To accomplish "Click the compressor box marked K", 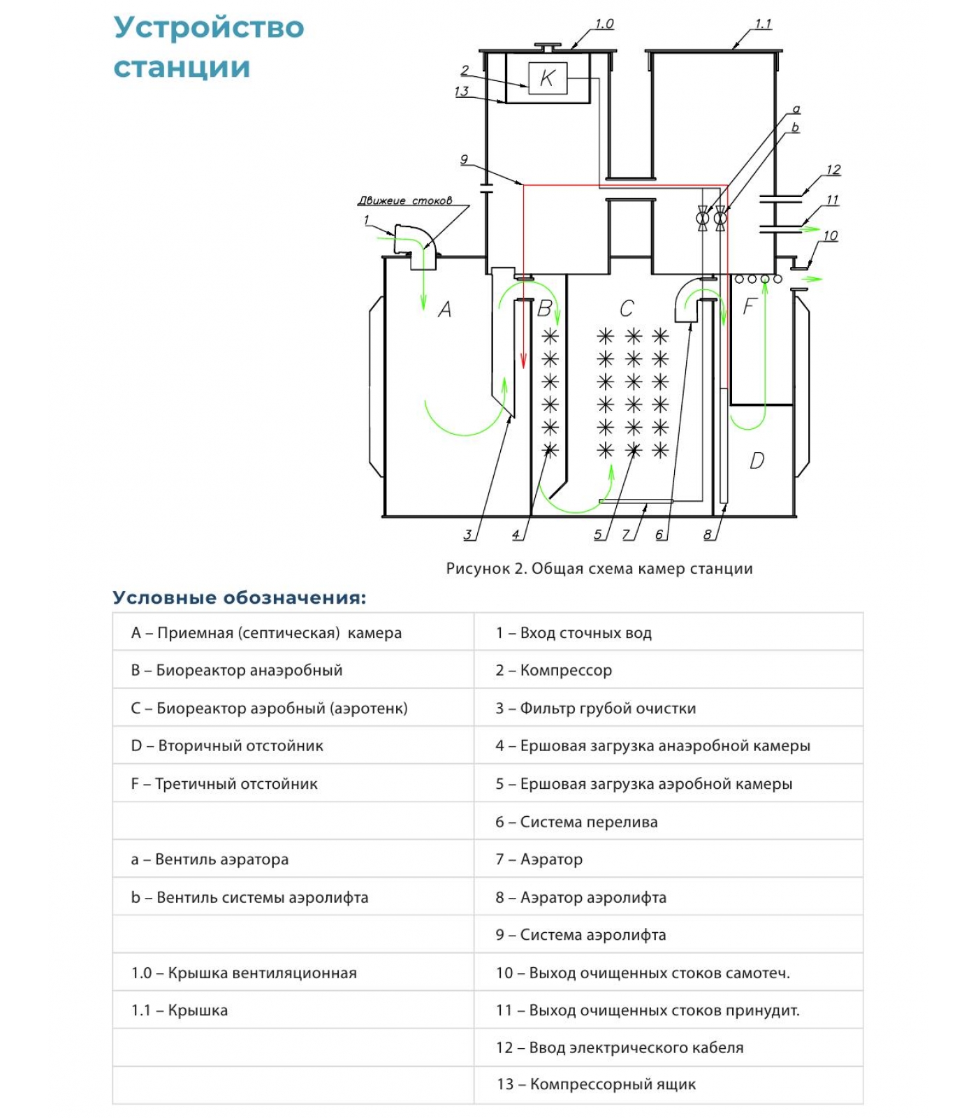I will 547,78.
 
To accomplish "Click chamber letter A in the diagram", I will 444,309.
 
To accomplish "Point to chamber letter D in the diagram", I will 757,460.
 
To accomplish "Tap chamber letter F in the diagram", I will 750,306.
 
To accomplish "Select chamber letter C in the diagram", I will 627,308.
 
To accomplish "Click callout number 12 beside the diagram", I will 833,170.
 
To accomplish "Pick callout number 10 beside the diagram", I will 830,235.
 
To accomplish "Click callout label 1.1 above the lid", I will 763,24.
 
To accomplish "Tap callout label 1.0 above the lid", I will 604,24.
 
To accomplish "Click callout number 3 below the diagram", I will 467,535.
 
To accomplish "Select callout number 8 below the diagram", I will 708,535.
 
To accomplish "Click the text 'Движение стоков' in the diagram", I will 404,201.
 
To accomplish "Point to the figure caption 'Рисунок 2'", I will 599,568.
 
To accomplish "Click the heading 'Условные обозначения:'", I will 239,597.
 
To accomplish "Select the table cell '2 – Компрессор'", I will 554,670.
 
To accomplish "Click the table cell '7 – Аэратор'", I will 539,859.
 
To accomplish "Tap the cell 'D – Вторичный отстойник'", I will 227,746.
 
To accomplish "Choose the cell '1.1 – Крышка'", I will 180,1010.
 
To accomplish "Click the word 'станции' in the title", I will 182,68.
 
